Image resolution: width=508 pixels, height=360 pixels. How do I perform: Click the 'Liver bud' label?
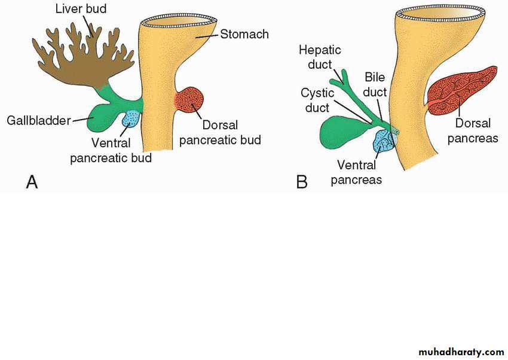click(x=80, y=9)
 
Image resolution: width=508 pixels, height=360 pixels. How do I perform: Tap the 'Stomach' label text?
click(x=244, y=35)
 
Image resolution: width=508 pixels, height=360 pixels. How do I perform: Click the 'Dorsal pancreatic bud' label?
click(x=220, y=133)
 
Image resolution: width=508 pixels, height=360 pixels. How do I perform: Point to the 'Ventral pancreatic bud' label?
click(x=111, y=150)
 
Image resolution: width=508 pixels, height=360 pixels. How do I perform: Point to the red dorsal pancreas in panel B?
click(x=463, y=90)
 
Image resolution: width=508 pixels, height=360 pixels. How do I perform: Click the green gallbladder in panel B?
click(x=341, y=132)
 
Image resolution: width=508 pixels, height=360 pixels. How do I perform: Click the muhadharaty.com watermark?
click(x=461, y=352)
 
